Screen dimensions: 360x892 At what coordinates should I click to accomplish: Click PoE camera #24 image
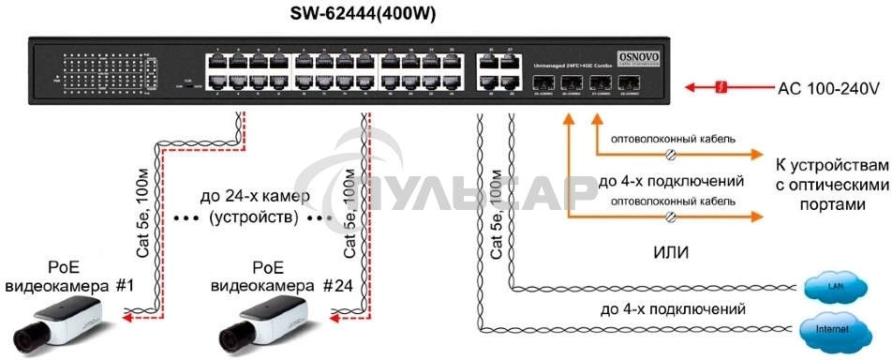(261, 322)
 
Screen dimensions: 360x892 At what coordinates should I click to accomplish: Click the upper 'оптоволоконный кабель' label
(672, 140)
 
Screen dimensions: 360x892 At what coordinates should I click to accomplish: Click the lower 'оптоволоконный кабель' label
(672, 202)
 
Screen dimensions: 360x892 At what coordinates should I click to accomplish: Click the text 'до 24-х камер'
(246, 198)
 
